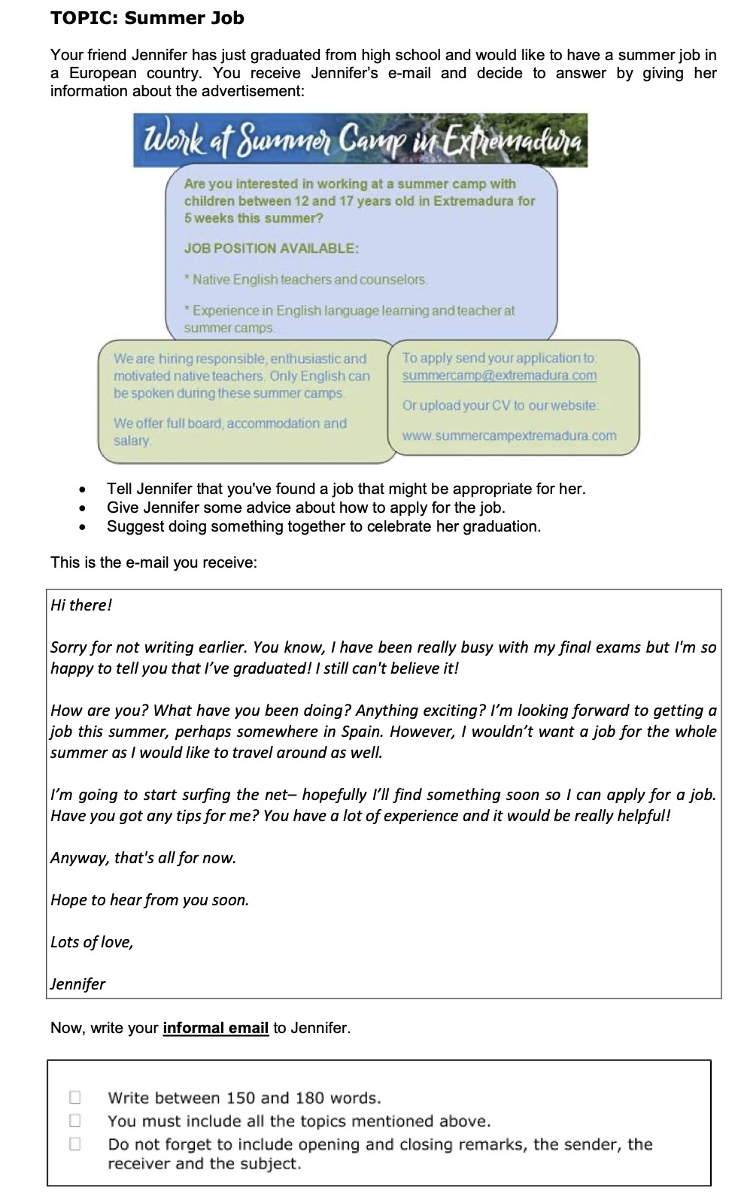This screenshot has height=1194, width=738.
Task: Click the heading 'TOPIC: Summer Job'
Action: click(147, 18)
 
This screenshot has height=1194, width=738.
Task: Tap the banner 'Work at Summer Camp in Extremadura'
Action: click(360, 141)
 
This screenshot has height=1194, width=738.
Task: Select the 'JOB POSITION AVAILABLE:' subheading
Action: click(271, 248)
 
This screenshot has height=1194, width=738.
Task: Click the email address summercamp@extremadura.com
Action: click(499, 375)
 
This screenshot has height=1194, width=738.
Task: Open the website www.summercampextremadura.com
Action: click(509, 435)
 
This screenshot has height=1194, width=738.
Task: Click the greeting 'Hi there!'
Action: click(81, 605)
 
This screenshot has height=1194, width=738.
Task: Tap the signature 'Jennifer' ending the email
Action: click(78, 984)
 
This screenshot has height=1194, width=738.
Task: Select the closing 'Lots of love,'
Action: click(92, 942)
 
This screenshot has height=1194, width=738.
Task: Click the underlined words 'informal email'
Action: click(215, 1028)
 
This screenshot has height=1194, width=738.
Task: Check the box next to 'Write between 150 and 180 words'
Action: click(75, 1097)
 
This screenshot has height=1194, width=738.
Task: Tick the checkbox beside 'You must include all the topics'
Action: click(75, 1120)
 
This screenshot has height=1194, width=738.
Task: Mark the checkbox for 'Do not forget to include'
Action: click(75, 1144)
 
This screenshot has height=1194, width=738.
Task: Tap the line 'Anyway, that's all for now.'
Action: click(143, 858)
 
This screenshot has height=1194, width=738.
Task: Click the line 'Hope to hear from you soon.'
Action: click(150, 900)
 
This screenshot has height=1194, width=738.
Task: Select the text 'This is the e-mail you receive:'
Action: click(153, 562)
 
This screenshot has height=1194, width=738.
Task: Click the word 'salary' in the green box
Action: click(132, 441)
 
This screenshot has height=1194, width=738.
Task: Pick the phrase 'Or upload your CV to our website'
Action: click(500, 405)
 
